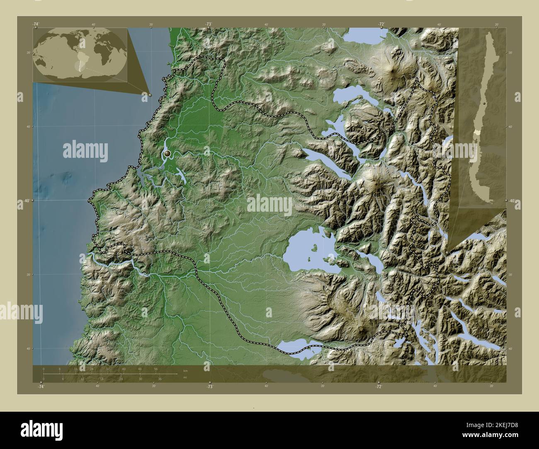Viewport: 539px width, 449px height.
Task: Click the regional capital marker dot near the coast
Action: (167, 154)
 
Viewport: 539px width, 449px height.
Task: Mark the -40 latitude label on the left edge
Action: (26, 201)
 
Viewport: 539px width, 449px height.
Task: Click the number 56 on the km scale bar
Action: (155, 369)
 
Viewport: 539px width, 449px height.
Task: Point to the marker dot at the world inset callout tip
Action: (150, 95)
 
